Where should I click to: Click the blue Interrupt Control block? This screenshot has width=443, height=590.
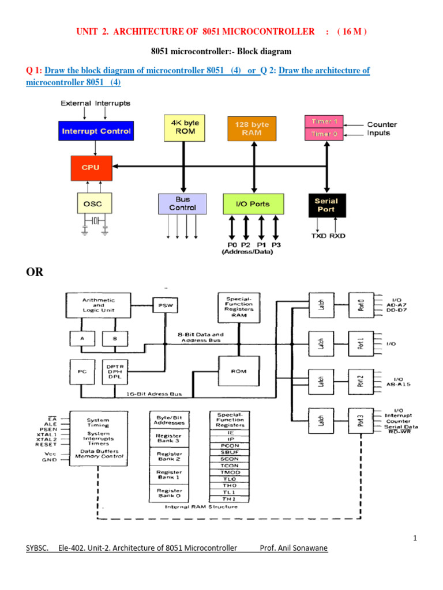[96, 131]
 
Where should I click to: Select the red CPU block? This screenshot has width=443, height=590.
[91, 167]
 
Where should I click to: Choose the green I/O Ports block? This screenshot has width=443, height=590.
[254, 204]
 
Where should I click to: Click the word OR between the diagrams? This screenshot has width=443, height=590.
[35, 272]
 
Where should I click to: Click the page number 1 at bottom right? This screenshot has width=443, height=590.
[414, 538]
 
